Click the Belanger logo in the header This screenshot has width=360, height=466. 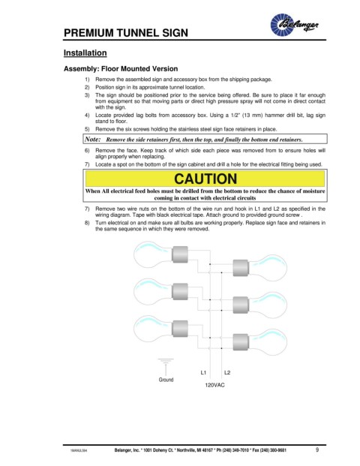click(x=294, y=25)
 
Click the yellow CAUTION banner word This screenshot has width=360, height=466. click(x=205, y=179)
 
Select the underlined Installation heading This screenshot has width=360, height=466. click(x=85, y=53)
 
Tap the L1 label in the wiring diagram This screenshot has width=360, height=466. click(x=203, y=373)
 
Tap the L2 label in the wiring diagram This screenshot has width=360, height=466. click(x=227, y=373)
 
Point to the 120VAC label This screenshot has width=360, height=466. click(x=214, y=385)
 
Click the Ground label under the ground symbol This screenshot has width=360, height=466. click(x=166, y=380)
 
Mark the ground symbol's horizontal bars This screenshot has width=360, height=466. click(x=166, y=361)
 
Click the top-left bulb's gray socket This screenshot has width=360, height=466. click(x=180, y=254)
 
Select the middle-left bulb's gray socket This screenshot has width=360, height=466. click(x=180, y=292)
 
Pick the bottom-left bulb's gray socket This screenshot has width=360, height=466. click(x=180, y=329)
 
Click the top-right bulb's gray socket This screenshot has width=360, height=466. click(x=241, y=268)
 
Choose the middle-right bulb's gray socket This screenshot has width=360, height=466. click(x=241, y=305)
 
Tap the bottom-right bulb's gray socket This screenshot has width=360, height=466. click(x=241, y=342)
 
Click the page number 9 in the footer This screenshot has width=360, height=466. click(x=317, y=449)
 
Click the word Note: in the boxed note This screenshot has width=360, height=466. click(x=93, y=139)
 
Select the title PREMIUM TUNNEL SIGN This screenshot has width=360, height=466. click(x=126, y=33)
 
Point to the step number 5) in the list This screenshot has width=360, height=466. click(x=87, y=129)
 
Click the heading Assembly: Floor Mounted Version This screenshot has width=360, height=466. click(x=121, y=68)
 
